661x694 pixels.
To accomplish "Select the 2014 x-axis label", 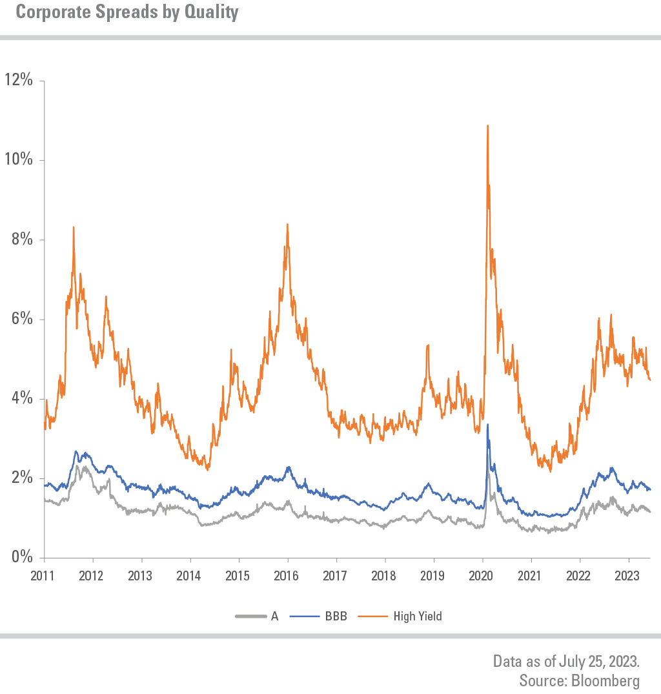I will [190, 575].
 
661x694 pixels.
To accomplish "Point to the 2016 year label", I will [287, 575].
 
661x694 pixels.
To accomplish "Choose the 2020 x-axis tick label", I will [482, 575].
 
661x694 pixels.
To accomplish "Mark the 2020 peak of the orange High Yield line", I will [487, 126].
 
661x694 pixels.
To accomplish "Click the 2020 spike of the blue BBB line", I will [487, 425].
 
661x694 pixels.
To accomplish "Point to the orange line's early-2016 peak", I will [287, 225].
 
